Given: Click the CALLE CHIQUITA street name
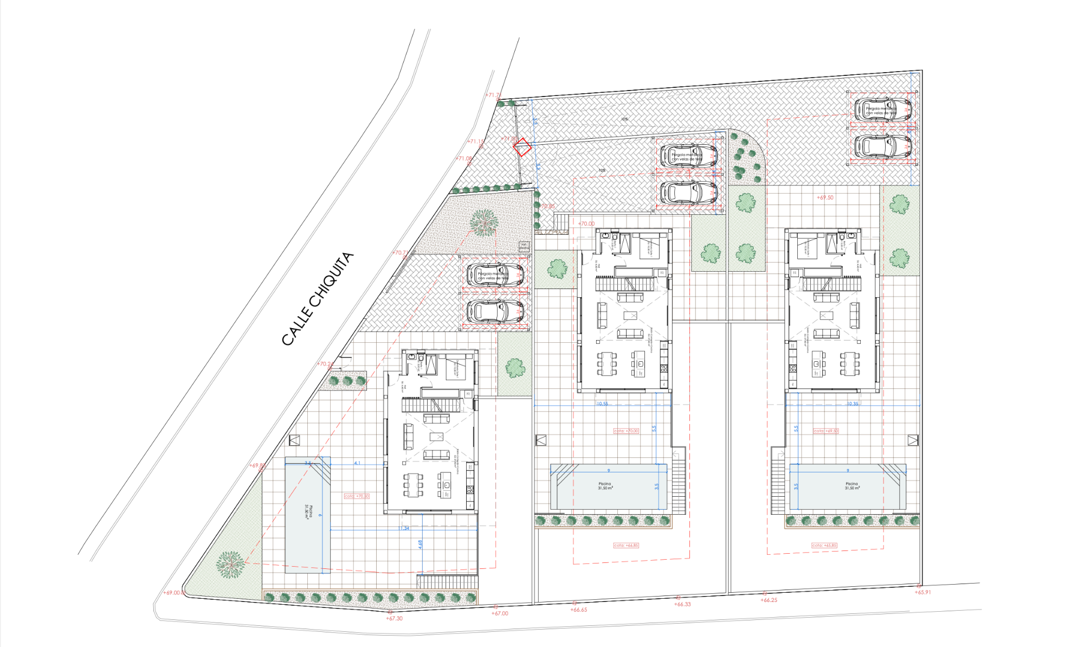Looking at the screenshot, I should [318, 299].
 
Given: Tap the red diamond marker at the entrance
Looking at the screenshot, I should [522, 147].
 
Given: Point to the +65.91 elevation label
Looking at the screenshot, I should [922, 592].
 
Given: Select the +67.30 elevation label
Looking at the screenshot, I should [394, 618].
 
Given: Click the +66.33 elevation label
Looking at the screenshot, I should [682, 604].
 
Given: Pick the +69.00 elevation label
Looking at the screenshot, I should [173, 593].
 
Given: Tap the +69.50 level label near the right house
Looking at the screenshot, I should [825, 197].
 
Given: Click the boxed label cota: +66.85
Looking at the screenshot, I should [626, 546].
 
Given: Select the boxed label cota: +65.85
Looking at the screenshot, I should [824, 546].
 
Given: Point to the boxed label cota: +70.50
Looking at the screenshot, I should [357, 496].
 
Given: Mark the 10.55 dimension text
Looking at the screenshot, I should [602, 403].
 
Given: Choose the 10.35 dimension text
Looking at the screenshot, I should [853, 403].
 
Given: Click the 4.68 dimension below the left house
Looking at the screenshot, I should [420, 544].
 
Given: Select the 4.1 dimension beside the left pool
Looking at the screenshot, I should [357, 463].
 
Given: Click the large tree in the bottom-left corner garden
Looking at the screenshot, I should [230, 565].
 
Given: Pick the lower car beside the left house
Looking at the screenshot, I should [495, 312].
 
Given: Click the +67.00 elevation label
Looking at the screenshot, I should [500, 613].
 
